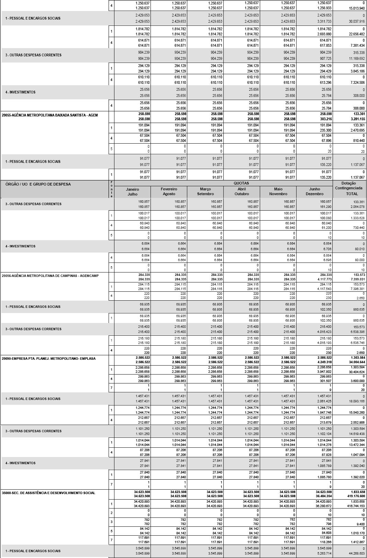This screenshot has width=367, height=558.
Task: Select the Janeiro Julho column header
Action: point(132,191)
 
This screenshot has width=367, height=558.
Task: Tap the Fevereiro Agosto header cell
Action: point(169,191)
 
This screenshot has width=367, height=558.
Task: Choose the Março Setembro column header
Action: point(205,191)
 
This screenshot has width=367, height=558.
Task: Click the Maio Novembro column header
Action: point(278,191)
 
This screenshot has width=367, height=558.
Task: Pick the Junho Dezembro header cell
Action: point(314,191)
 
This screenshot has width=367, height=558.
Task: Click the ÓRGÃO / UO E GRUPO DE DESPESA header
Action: point(38,184)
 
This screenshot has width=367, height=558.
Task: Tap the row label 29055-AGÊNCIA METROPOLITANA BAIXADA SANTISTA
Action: point(50,115)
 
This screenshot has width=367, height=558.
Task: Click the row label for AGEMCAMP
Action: point(50,276)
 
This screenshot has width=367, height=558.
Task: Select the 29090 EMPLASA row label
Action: point(49,358)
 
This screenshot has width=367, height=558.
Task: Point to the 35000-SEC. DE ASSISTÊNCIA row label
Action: point(48,493)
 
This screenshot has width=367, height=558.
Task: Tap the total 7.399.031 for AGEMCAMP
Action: point(357,279)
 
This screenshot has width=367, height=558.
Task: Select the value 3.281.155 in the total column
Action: point(357,119)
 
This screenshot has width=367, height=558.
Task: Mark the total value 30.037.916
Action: point(356,21)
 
